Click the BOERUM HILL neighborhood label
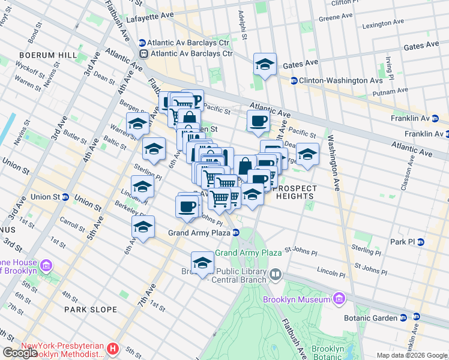(x=50, y=55)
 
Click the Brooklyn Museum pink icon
(x=339, y=299)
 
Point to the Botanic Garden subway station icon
(x=403, y=317)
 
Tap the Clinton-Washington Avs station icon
(x=294, y=80)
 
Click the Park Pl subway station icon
(x=420, y=242)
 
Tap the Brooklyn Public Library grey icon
(x=275, y=274)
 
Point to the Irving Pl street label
(x=389, y=69)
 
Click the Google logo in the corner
(x=19, y=353)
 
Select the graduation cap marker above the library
(x=202, y=262)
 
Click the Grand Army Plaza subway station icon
(x=237, y=232)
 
